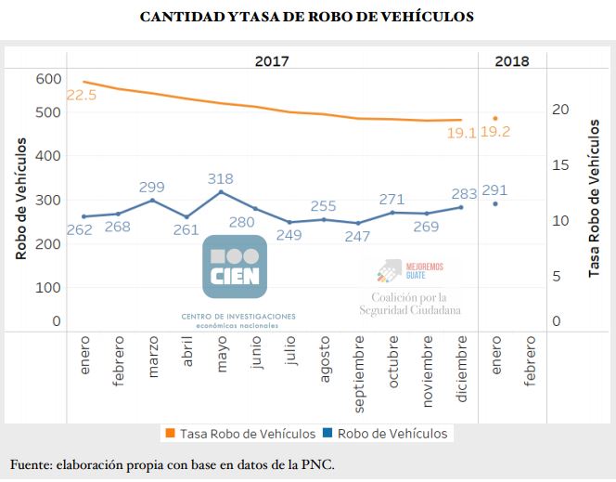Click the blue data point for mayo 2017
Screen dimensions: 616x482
click(221, 192)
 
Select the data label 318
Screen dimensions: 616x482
click(221, 179)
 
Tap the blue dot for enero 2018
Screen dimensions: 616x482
click(495, 203)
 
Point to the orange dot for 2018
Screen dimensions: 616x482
click(495, 118)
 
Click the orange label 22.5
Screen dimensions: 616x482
click(82, 95)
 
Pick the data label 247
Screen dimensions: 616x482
click(357, 236)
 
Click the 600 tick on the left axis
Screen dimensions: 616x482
click(48, 79)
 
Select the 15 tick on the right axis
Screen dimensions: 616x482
click(560, 165)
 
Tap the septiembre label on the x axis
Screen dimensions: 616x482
click(359, 374)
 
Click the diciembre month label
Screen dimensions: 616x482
click(462, 369)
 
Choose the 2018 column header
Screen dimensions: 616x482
click(512, 61)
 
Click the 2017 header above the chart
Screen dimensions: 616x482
click(272, 61)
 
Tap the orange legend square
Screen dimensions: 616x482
click(170, 433)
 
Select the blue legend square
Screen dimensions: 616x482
click(327, 433)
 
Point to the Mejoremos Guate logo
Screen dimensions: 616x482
click(410, 270)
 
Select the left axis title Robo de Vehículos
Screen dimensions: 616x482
click(20, 199)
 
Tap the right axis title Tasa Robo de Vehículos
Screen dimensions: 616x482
click(594, 199)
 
